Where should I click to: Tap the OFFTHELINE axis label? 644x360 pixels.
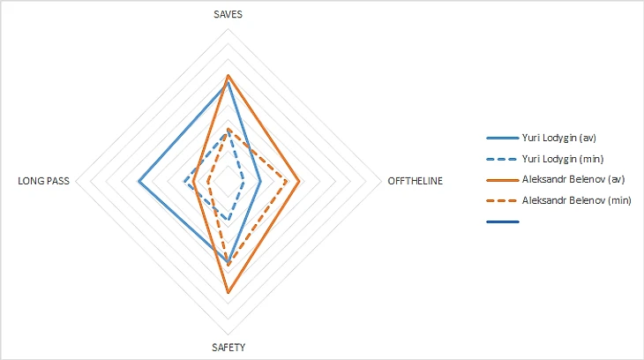(x=416, y=182)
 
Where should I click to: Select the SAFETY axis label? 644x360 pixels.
(x=228, y=347)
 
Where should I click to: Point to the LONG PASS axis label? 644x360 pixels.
(x=43, y=182)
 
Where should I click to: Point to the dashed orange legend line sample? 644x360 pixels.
(x=502, y=200)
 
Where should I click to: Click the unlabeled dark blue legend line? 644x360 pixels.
(x=502, y=221)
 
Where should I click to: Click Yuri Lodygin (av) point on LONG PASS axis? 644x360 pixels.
(x=139, y=182)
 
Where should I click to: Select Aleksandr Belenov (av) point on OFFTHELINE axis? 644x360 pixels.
(x=300, y=182)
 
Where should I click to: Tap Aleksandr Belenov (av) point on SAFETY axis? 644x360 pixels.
(x=228, y=292)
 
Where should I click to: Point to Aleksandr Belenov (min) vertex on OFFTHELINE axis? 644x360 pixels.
(x=288, y=182)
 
